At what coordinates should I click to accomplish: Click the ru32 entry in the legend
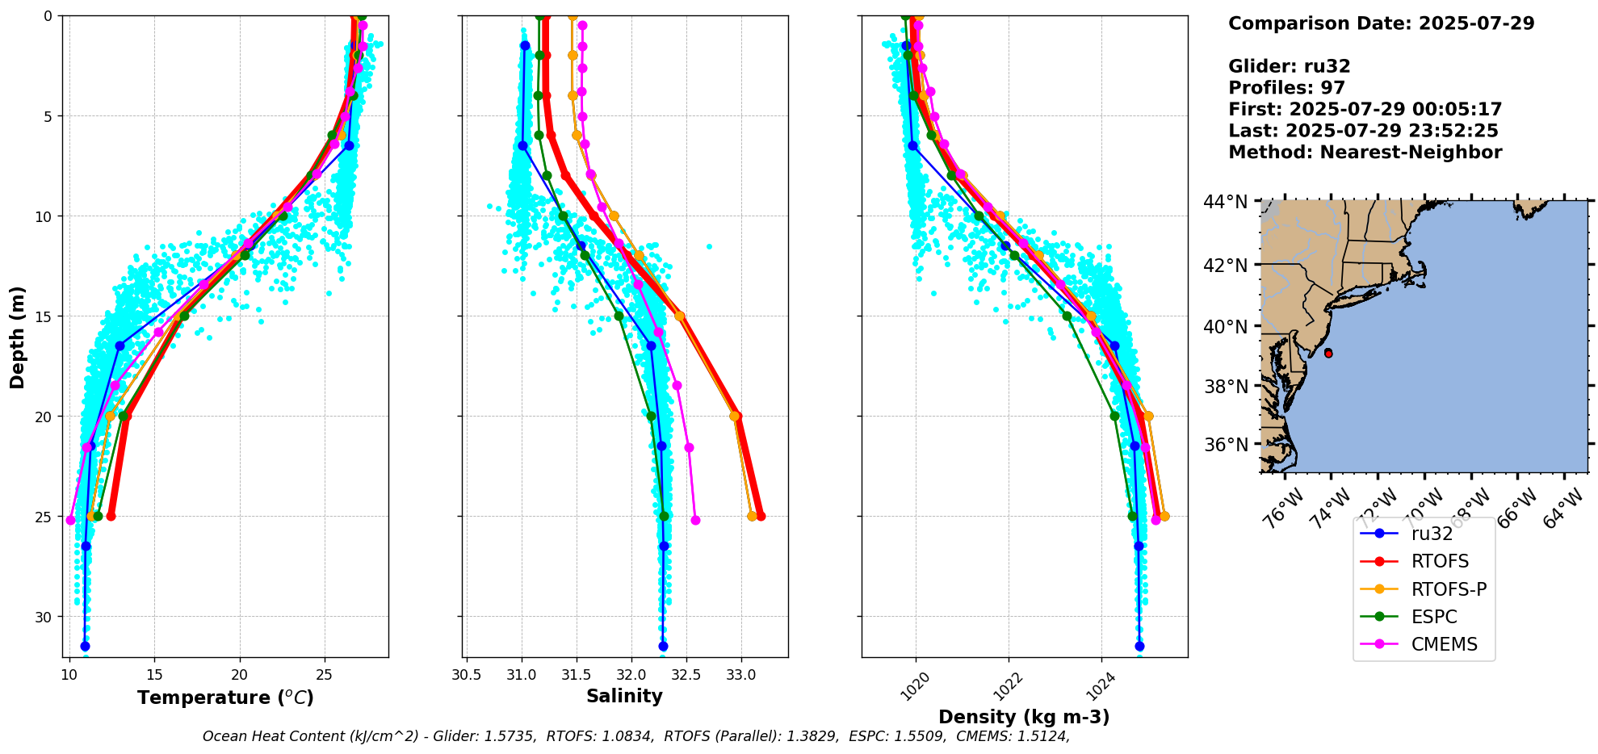pyautogui.click(x=1432, y=534)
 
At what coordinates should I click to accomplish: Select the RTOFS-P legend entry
pyautogui.click(x=1449, y=589)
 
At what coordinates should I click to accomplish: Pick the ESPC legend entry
pyautogui.click(x=1434, y=617)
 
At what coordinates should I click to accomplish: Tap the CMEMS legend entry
pyautogui.click(x=1444, y=644)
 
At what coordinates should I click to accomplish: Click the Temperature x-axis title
pyautogui.click(x=225, y=697)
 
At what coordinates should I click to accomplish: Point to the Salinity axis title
pyautogui.click(x=624, y=696)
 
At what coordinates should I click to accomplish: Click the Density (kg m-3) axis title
pyautogui.click(x=1024, y=717)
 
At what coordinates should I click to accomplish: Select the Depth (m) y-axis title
pyautogui.click(x=18, y=337)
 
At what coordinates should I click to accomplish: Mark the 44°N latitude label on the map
pyautogui.click(x=1225, y=202)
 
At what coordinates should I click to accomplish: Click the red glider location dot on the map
pyautogui.click(x=1328, y=354)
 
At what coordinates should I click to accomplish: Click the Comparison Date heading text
pyautogui.click(x=1381, y=23)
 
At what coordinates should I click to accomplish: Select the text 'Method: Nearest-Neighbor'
pyautogui.click(x=1365, y=153)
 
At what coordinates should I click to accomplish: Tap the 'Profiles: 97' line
pyautogui.click(x=1286, y=88)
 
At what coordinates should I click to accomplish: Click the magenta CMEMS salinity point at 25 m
pyautogui.click(x=695, y=520)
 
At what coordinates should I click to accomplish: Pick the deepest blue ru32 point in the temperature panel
pyautogui.click(x=85, y=646)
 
